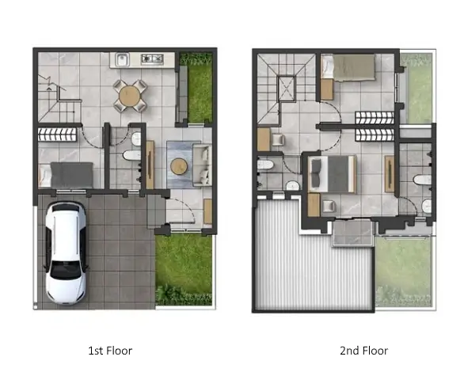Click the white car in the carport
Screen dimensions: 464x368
(66, 253)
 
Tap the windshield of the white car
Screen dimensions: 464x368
(66, 270)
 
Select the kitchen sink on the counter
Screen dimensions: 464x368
(122, 60)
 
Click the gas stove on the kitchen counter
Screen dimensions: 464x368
(152, 59)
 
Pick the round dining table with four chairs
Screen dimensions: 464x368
(130, 96)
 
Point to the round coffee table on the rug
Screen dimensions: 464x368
(179, 166)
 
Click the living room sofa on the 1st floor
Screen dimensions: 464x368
(203, 165)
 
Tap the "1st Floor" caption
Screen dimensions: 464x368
(110, 351)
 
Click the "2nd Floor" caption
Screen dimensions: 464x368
(363, 351)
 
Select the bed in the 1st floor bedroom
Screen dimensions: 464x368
(66, 175)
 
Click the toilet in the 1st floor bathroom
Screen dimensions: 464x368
(131, 155)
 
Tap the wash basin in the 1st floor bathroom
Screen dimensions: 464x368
(136, 138)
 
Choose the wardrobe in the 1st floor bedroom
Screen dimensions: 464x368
(57, 135)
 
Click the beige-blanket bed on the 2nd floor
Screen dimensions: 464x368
(348, 66)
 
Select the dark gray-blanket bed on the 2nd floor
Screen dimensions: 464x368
(332, 174)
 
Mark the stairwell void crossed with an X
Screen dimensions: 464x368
(287, 89)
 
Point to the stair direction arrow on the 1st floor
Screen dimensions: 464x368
(49, 87)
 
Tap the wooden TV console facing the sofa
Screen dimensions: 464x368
(150, 165)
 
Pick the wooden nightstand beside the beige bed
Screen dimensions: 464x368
(327, 89)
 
